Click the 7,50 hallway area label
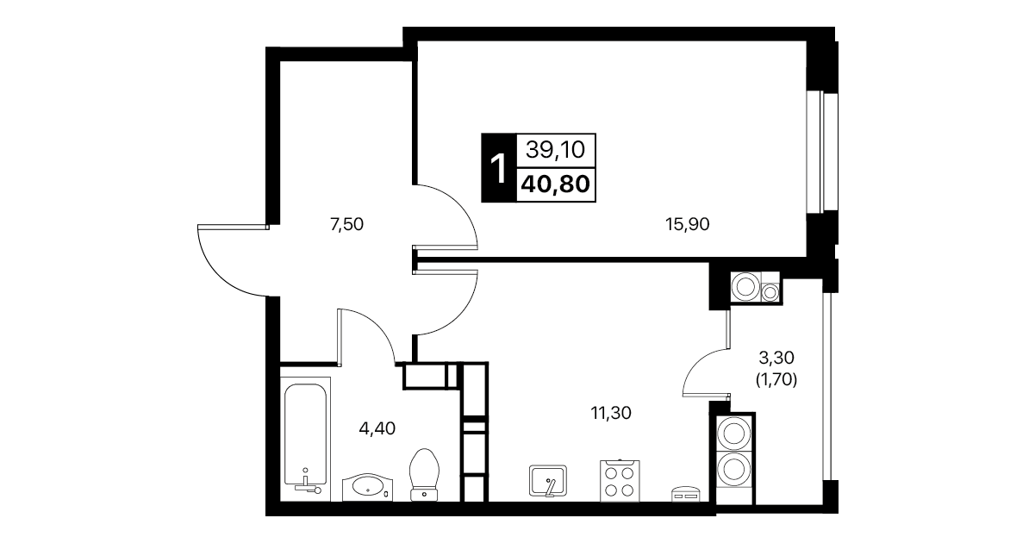[x=346, y=225]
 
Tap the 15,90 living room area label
[x=687, y=225]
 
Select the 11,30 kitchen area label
[x=611, y=413]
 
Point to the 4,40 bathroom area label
[x=377, y=429]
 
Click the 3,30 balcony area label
[x=776, y=357]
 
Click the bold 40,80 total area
[x=555, y=184]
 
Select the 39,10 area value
[x=555, y=150]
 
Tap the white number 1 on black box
[x=499, y=168]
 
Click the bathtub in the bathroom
[x=305, y=440]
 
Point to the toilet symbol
[x=424, y=475]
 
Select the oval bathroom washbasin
[x=367, y=487]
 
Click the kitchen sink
[x=548, y=481]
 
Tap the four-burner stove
[x=620, y=481]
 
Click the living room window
[x=822, y=152]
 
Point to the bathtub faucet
[x=308, y=482]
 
